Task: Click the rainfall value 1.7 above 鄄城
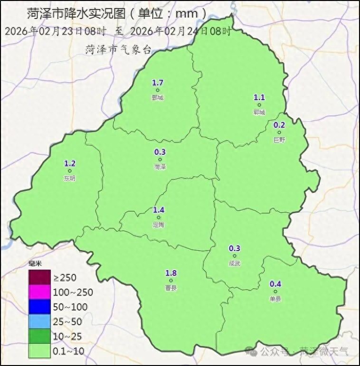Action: click(158, 83)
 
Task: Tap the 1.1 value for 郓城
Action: click(259, 98)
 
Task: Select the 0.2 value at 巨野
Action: click(279, 125)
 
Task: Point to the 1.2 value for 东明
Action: click(70, 164)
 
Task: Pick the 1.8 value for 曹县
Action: click(171, 273)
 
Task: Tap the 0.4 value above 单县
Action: click(275, 284)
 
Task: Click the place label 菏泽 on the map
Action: click(160, 167)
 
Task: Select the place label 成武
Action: click(235, 263)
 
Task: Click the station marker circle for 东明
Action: click(70, 171)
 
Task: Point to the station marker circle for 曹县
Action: click(171, 281)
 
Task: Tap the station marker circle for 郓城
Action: click(259, 105)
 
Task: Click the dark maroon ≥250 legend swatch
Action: click(39, 277)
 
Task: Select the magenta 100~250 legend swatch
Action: click(39, 292)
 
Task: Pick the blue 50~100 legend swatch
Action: click(39, 307)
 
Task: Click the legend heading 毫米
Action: click(35, 264)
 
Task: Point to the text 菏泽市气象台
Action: click(118, 49)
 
